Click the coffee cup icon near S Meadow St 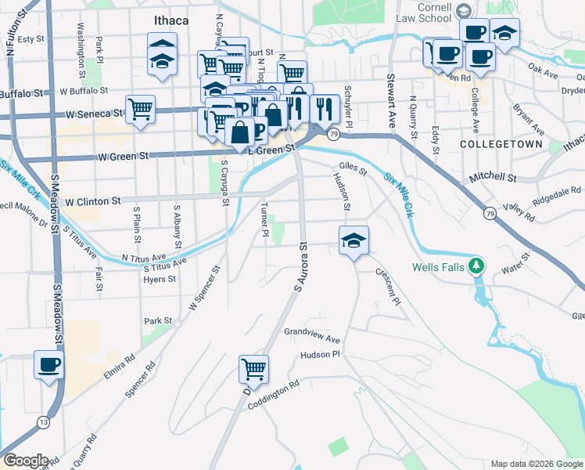tap(49, 365)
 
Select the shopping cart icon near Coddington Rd tap(253, 368)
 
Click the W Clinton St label tap(93, 201)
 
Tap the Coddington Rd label tap(274, 395)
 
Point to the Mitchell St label tap(493, 179)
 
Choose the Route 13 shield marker tap(40, 423)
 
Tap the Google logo tap(25, 460)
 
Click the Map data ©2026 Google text tap(536, 464)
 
